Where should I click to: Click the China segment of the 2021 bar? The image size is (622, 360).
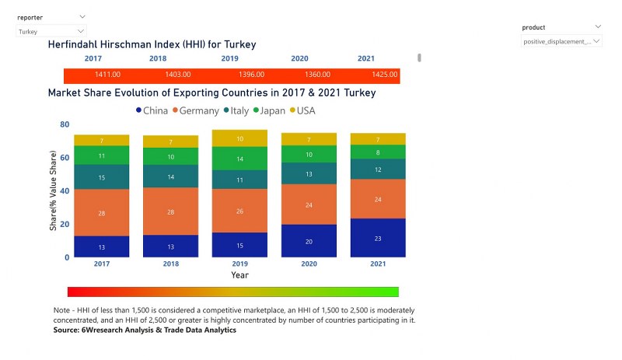point(377,238)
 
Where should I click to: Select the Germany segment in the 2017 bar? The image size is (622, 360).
point(101,212)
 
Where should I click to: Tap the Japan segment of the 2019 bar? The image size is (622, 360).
point(239,159)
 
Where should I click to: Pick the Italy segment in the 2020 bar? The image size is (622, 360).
point(308,173)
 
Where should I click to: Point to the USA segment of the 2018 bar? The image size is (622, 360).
point(170,142)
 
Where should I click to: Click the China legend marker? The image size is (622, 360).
point(138,111)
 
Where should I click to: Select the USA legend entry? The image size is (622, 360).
point(302,111)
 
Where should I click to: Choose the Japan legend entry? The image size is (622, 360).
point(268,111)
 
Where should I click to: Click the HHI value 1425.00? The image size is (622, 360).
point(365,75)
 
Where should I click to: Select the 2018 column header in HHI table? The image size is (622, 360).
point(159,58)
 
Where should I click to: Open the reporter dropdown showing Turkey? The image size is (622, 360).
point(51,32)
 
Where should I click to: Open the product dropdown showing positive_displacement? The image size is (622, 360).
point(561,41)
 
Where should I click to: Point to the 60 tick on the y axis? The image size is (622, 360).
point(65,158)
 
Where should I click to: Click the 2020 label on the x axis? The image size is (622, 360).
point(308,264)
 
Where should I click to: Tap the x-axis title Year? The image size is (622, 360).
point(239,275)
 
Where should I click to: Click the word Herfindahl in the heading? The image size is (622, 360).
point(79,45)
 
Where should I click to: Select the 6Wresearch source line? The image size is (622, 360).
point(145,330)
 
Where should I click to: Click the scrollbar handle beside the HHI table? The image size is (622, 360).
point(419,58)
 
